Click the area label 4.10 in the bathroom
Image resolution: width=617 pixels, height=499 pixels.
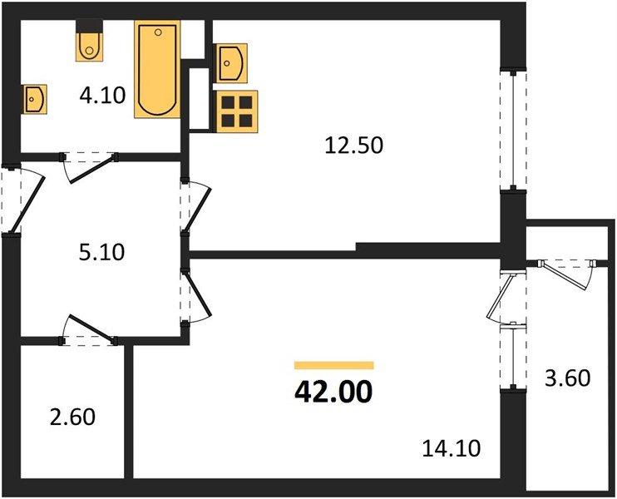102,95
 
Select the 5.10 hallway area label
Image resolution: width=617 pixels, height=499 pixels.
102,250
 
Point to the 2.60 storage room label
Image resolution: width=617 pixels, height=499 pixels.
73,415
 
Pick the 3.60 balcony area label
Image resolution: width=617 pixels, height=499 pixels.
568,378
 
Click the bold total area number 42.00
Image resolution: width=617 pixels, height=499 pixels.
333,390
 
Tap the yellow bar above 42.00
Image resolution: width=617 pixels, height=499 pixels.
333,365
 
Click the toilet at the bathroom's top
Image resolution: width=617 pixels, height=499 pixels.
88,44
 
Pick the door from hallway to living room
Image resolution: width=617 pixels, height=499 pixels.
198,293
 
